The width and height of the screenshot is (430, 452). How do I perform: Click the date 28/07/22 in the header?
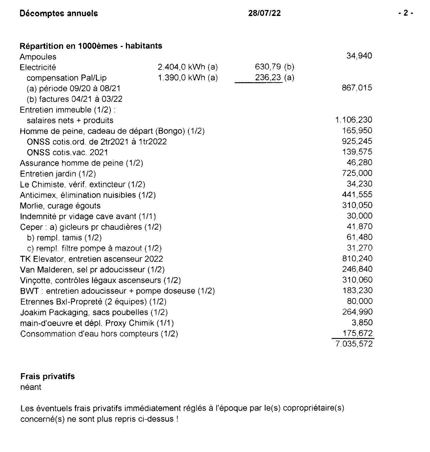264,13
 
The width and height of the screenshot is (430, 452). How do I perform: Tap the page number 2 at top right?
405,13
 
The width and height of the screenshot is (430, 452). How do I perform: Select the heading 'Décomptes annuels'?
59,13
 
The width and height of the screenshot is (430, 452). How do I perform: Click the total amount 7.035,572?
354,344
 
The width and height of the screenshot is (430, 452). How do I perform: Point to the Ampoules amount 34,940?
359,56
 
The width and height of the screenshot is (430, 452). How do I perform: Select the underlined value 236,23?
269,77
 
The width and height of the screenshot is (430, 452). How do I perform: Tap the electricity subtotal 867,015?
357,88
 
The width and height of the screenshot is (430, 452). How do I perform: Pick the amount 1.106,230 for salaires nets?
354,120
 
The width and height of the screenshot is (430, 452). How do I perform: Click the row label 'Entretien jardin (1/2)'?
58,174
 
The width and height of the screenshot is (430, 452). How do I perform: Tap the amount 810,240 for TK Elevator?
357,258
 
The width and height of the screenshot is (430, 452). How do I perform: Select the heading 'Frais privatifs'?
47,377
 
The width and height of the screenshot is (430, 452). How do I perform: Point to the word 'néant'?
31,387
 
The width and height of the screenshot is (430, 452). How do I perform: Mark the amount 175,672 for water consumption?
358,333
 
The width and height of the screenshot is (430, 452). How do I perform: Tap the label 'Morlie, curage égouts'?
60,206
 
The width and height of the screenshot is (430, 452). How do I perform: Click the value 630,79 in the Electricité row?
268,67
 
